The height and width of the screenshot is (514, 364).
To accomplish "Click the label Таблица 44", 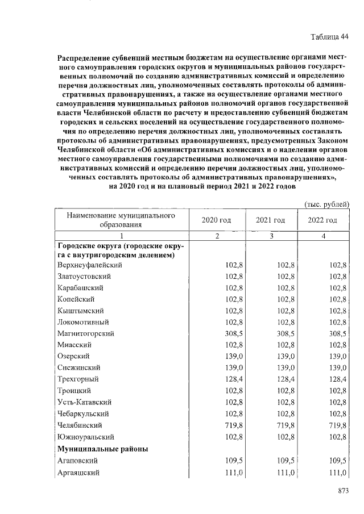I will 329,37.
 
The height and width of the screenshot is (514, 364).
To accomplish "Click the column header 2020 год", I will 216,220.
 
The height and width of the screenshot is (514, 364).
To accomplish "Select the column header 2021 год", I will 270,220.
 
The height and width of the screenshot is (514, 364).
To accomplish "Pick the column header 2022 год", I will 323,220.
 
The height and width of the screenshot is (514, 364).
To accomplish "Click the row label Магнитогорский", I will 86,333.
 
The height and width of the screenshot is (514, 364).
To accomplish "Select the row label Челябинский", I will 80,425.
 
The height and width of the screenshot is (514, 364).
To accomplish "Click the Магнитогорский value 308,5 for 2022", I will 337,333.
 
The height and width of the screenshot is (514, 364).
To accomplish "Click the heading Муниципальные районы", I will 103,449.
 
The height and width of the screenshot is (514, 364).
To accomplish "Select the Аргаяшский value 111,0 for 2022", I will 337,473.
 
